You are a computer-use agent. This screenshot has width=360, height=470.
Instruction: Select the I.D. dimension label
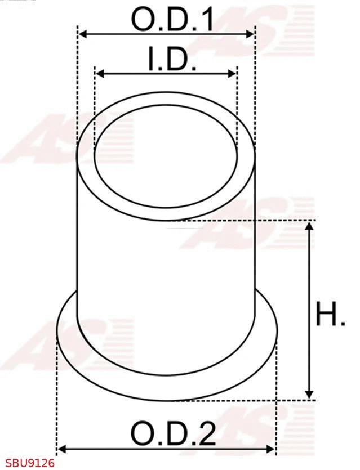pos(172,60)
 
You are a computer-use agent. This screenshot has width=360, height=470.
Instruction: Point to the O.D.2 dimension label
pos(173,434)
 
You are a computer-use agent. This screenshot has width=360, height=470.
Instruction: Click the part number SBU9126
pos(28,463)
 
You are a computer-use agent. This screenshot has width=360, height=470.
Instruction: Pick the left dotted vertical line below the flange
pos(57,394)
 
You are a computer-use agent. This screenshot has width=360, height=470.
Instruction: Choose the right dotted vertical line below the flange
pos(277,394)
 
